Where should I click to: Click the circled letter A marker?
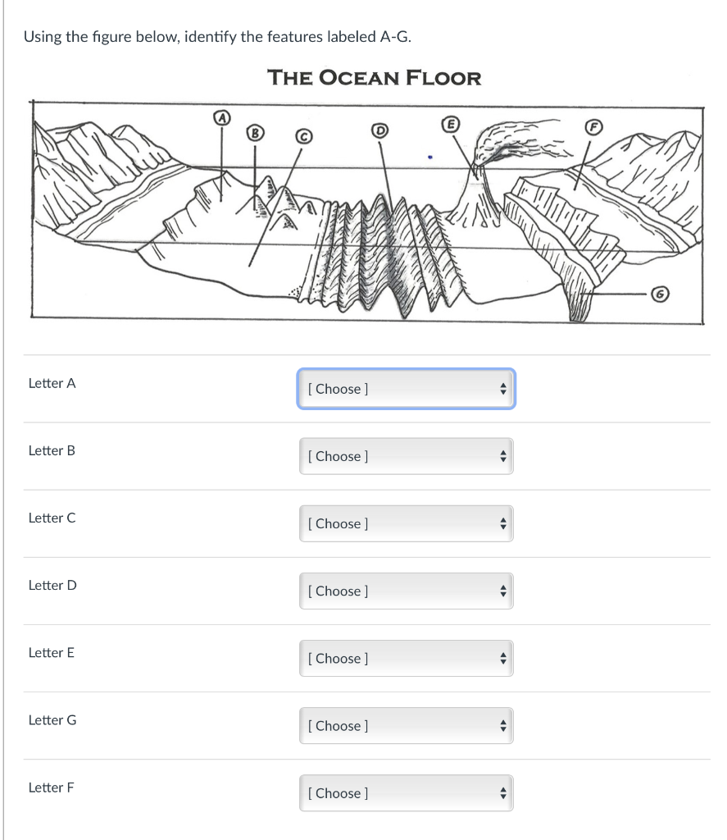(x=219, y=118)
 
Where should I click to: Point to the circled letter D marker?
(x=379, y=130)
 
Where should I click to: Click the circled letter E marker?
(x=449, y=124)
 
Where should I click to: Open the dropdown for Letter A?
(x=406, y=389)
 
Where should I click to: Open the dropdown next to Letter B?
(x=406, y=456)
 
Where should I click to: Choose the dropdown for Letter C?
(x=406, y=523)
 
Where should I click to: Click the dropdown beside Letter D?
(x=406, y=591)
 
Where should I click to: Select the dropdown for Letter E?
(x=406, y=658)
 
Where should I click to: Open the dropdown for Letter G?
(x=406, y=725)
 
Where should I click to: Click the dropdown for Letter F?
(x=406, y=792)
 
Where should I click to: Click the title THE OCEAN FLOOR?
(x=375, y=78)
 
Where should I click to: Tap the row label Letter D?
(x=52, y=585)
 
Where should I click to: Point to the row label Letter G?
(x=52, y=719)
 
